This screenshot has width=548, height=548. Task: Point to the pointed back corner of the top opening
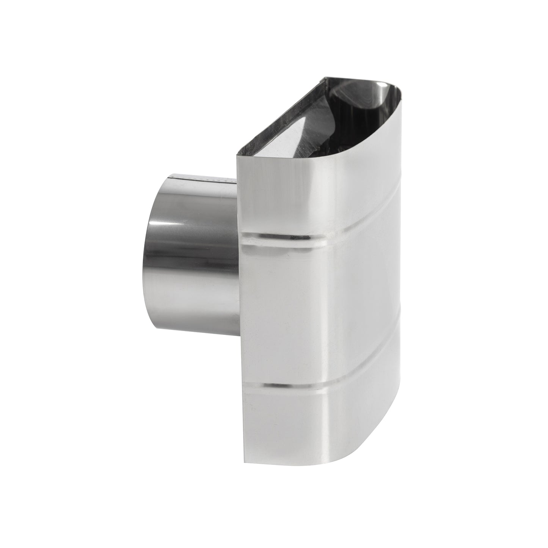coord(323,79)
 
